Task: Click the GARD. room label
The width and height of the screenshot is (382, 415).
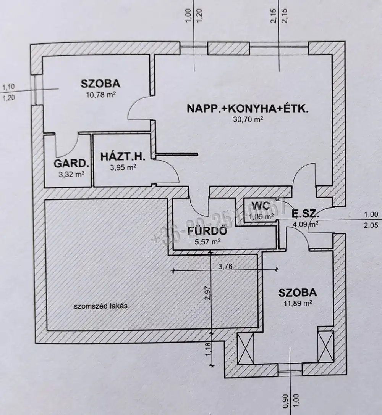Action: [x=71, y=164]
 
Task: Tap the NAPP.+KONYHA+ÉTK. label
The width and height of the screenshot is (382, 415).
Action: [x=248, y=108]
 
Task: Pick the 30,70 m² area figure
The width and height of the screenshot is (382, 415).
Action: [x=248, y=119]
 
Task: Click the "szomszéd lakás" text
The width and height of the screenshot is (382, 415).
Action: [x=100, y=306]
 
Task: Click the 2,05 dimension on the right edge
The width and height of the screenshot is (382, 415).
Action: [x=371, y=225]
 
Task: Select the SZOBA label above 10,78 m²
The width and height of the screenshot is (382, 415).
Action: [x=100, y=83]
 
